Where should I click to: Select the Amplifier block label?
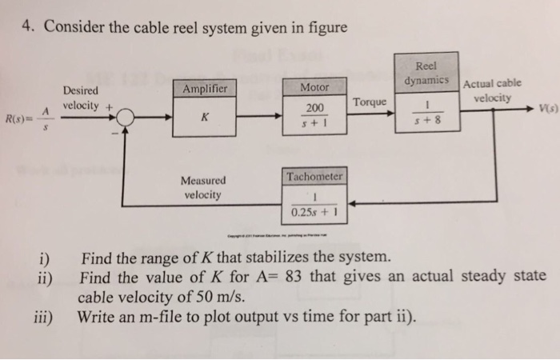pos(206,88)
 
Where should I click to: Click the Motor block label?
pos(314,87)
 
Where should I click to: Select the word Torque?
pos(370,102)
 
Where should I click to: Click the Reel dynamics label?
pos(430,74)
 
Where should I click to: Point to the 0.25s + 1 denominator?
pos(314,213)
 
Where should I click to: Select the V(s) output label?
pos(548,109)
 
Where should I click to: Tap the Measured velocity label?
pos(203,186)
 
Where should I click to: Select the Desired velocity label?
pos(80,98)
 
